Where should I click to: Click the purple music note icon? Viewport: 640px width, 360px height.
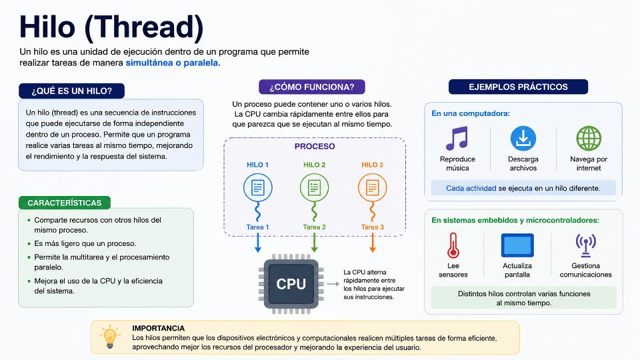click(457, 139)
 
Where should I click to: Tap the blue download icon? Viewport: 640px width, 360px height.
click(523, 139)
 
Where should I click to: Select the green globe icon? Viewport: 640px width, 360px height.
click(589, 139)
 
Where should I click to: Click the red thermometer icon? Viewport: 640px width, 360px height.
click(453, 245)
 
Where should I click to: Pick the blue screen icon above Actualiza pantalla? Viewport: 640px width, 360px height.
click(517, 245)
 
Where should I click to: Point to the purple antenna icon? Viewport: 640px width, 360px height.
click(586, 245)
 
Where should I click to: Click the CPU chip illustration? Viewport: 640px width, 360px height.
click(291, 284)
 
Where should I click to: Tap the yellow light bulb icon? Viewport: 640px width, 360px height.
click(109, 337)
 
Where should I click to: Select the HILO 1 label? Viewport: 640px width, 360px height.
click(257, 165)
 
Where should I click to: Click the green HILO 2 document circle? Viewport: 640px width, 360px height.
click(314, 188)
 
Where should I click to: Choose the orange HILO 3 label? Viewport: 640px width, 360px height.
click(372, 165)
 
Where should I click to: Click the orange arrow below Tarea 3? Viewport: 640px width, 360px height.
click(372, 243)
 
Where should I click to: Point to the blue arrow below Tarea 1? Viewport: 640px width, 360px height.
click(258, 243)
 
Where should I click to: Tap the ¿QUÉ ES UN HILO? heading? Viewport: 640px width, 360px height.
click(72, 91)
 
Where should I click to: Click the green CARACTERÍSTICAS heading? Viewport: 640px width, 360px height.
click(65, 203)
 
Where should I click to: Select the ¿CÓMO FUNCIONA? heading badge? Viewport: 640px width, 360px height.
click(312, 87)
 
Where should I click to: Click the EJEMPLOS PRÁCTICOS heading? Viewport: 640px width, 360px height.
click(519, 87)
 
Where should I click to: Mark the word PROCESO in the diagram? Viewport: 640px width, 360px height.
click(315, 147)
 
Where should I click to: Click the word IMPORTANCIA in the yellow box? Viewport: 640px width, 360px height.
click(159, 328)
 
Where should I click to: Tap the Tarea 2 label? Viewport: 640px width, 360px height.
click(314, 227)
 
